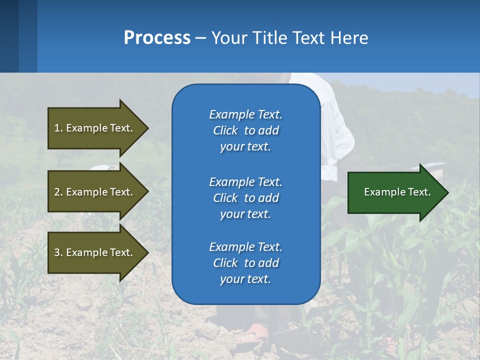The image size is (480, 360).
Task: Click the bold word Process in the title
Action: [x=157, y=38]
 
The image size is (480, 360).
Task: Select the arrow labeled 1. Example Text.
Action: [x=95, y=128]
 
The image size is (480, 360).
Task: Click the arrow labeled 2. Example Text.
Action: [x=95, y=192]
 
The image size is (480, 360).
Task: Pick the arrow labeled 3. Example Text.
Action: [x=95, y=252]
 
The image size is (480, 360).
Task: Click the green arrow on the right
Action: [x=395, y=192]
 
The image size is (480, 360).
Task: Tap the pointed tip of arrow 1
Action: [x=147, y=128]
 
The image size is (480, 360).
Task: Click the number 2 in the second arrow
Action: [x=57, y=192]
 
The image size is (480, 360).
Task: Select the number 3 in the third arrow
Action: [x=57, y=252]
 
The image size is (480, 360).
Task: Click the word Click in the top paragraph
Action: [x=225, y=131]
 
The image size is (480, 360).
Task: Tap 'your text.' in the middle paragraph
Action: [x=245, y=214]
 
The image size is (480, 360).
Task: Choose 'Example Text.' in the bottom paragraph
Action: [x=245, y=247]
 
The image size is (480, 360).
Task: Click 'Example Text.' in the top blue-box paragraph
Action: [x=245, y=114]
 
